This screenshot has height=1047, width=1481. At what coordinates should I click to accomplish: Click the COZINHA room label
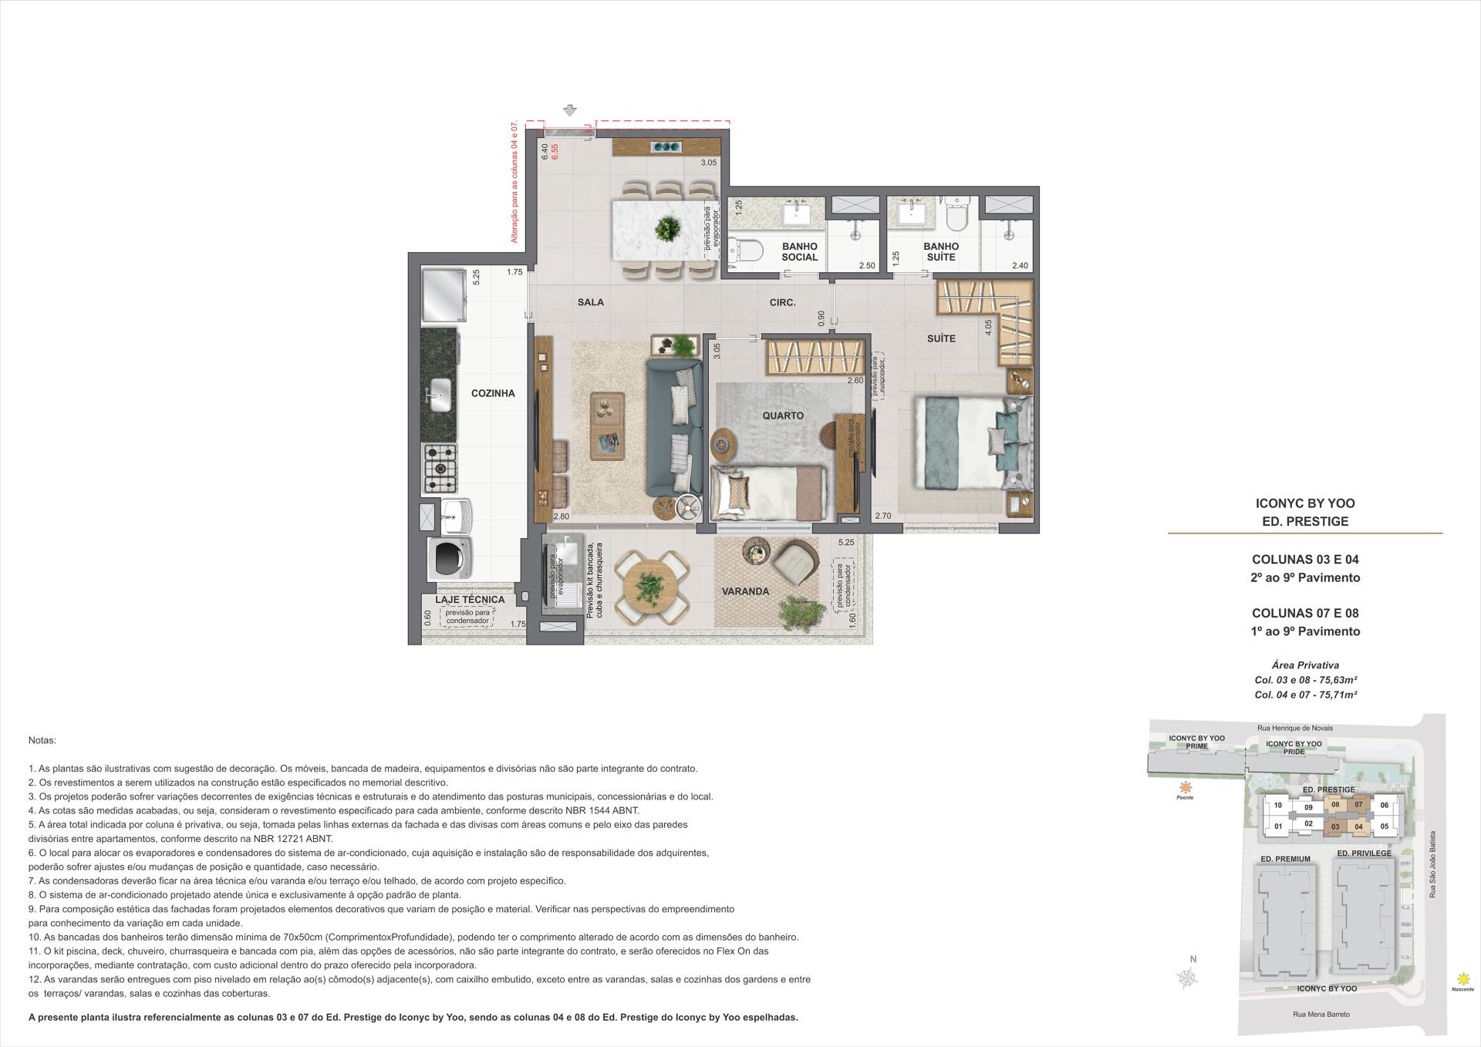pyautogui.click(x=492, y=393)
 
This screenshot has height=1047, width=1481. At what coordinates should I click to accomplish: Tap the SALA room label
pyautogui.click(x=590, y=302)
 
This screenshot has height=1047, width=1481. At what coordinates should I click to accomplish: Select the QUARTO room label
pyautogui.click(x=783, y=416)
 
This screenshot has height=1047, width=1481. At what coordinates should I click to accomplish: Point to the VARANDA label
pyautogui.click(x=745, y=591)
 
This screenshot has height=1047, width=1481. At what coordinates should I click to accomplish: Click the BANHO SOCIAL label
pyautogui.click(x=799, y=252)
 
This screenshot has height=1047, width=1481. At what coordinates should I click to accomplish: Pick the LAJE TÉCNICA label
pyautogui.click(x=470, y=599)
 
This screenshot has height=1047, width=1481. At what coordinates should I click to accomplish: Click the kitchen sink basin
pyautogui.click(x=440, y=395)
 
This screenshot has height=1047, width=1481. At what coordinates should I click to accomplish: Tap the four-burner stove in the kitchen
pyautogui.click(x=440, y=468)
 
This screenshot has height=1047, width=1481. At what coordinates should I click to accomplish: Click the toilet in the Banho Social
pyautogui.click(x=746, y=250)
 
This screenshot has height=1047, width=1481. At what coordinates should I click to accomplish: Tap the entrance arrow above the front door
pyautogui.click(x=570, y=110)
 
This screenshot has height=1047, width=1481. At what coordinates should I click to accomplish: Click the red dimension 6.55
pyautogui.click(x=555, y=152)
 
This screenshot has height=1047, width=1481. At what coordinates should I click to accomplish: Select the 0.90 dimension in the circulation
pyautogui.click(x=821, y=317)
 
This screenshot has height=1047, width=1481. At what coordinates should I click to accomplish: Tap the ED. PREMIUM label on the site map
pyautogui.click(x=1285, y=859)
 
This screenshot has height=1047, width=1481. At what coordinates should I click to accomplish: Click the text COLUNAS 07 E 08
pyautogui.click(x=1304, y=614)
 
